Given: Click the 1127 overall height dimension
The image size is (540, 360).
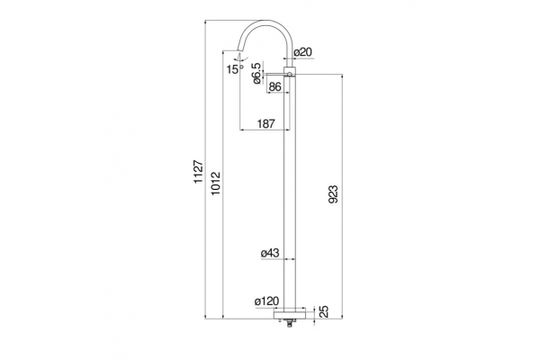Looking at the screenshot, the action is (198, 172).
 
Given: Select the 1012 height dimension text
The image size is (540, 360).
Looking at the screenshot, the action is (216, 183).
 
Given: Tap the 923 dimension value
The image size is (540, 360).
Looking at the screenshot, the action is (333, 194).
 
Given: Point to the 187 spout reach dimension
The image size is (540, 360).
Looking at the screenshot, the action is (266, 123).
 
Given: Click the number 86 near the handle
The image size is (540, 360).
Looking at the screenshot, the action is (274, 86).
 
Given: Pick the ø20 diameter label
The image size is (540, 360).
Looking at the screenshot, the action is (303, 52).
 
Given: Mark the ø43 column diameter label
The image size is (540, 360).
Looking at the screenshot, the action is (270, 253).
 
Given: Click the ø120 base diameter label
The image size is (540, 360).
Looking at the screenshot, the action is (267, 301).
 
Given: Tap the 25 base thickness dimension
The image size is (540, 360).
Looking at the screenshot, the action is (324, 311).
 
